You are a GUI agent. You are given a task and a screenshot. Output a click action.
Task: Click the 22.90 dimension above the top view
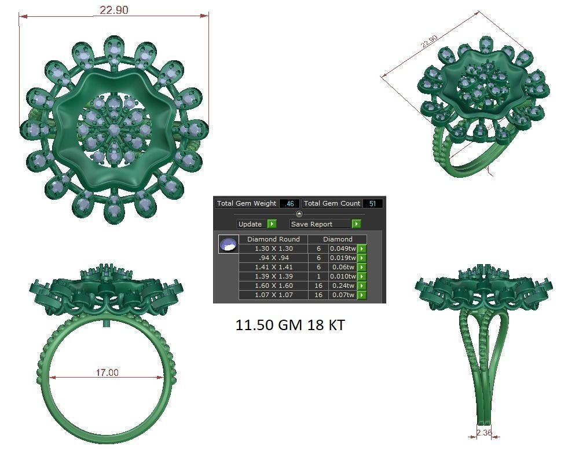tap(114, 10)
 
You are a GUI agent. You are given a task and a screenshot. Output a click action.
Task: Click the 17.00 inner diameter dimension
tap(107, 372)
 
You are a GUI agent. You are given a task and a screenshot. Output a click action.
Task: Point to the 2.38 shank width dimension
tap(484, 432)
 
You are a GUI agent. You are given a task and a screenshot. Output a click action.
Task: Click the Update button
tap(256, 224)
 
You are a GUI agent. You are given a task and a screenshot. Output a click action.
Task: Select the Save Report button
tap(325, 224)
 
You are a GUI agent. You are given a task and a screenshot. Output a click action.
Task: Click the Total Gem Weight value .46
tap(290, 204)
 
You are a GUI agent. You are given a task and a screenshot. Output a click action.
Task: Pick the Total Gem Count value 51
tap(372, 204)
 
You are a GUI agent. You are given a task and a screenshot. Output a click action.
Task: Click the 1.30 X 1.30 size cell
tap(273, 248)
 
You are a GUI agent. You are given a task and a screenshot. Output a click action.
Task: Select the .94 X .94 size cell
tap(273, 258)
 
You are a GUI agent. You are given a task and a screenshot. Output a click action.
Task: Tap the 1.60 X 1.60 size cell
tap(273, 286)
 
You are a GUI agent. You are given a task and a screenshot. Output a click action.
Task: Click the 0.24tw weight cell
tap(343, 286)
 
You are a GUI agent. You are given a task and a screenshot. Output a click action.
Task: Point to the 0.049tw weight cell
tap(343, 248)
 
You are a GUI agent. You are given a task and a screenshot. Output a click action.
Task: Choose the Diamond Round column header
tap(273, 239)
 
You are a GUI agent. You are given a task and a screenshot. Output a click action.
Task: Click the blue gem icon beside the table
tap(228, 244)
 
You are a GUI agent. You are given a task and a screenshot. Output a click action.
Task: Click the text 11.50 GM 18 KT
tap(290, 325)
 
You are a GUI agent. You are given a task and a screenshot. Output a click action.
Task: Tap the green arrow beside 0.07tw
tap(362, 295)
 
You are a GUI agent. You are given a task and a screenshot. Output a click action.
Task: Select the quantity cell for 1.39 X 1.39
tap(318, 276)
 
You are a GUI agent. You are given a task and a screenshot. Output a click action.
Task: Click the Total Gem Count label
tap(332, 204)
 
